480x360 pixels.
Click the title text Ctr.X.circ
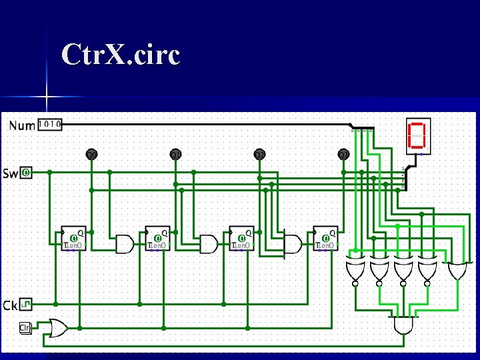pyautogui.click(x=120, y=55)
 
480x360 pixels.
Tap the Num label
pyautogui.click(x=22, y=125)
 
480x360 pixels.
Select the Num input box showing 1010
pyautogui.click(x=50, y=124)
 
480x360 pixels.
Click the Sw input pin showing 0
pyautogui.click(x=25, y=173)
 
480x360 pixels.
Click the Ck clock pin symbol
pyautogui.click(x=25, y=305)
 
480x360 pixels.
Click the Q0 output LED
pyautogui.click(x=91, y=155)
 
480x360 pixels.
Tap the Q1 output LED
pyautogui.click(x=175, y=155)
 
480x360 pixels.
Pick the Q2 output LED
pyautogui.click(x=259, y=155)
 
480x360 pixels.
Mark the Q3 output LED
pyautogui.click(x=343, y=155)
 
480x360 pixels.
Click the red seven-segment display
pyautogui.click(x=417, y=134)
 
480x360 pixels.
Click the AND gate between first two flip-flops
pyautogui.click(x=124, y=244)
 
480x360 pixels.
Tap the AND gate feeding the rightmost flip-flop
pyautogui.click(x=292, y=244)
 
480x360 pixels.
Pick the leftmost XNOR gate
pyautogui.click(x=355, y=270)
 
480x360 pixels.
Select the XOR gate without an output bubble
pyautogui.click(x=457, y=270)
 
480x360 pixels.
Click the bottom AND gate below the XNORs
pyautogui.click(x=403, y=326)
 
